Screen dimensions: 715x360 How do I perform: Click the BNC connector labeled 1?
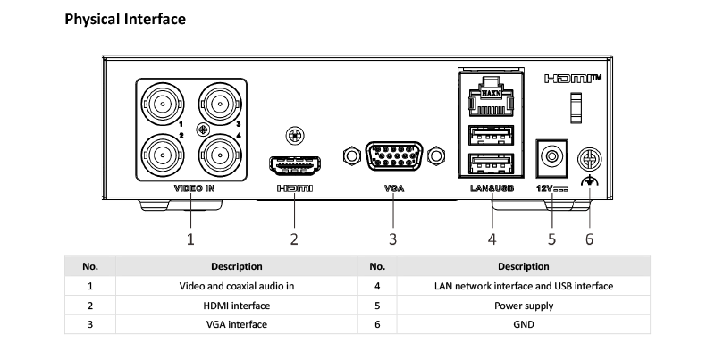pos(163,105)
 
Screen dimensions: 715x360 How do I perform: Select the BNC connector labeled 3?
pos(220,105)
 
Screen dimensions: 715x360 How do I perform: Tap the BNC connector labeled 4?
pos(220,155)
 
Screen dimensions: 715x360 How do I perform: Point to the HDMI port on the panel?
pos(295,165)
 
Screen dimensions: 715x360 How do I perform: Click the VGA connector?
pos(394,155)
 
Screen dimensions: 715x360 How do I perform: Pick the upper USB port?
pos(491,136)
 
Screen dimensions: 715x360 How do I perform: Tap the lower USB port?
pos(491,163)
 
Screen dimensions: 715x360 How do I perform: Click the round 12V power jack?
pos(551,156)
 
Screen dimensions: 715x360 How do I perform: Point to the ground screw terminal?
pos(590,160)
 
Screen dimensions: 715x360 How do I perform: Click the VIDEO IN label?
pos(194,188)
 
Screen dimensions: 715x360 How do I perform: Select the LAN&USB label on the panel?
pos(492,188)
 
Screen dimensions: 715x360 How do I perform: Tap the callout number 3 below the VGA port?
pos(392,239)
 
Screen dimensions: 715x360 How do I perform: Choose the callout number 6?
pos(590,239)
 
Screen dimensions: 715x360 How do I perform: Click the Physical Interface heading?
pos(125,19)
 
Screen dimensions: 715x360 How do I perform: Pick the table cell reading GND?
pos(524,324)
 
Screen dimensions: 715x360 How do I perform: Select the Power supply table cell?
pos(524,306)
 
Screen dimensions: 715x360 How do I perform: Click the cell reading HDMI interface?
pos(237,306)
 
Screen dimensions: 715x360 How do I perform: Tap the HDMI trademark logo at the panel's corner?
pos(573,79)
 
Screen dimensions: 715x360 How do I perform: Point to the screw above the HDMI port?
pos(295,136)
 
